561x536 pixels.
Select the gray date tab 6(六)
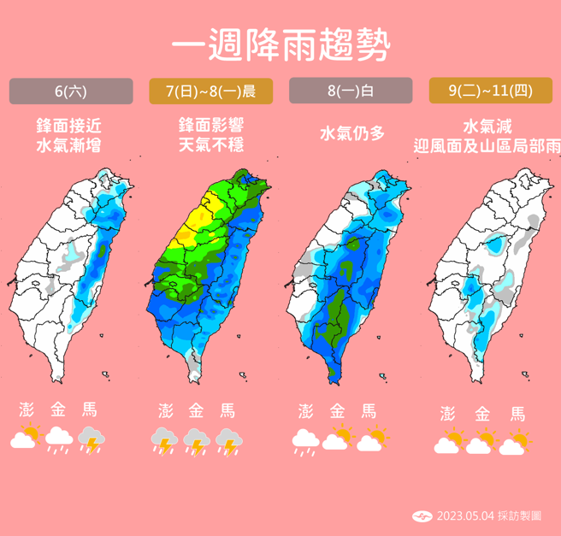pyautogui.click(x=71, y=91)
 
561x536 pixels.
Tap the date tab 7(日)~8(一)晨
pyautogui.click(x=210, y=91)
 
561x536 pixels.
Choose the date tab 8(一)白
pyautogui.click(x=351, y=91)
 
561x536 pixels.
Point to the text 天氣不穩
pyautogui.click(x=210, y=145)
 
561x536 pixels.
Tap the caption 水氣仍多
pyautogui.click(x=351, y=133)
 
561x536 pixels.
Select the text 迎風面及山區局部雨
pyautogui.click(x=485, y=145)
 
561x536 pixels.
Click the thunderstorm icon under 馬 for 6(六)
pyautogui.click(x=92, y=440)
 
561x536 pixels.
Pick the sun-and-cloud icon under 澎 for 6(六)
pyautogui.click(x=27, y=439)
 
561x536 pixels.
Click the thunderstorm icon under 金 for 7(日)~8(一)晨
pyautogui.click(x=197, y=441)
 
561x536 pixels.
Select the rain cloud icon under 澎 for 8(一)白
pyautogui.click(x=305, y=441)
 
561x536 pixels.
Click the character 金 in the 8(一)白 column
pyautogui.click(x=336, y=410)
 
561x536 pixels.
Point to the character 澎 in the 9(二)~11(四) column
pyautogui.click(x=447, y=414)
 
